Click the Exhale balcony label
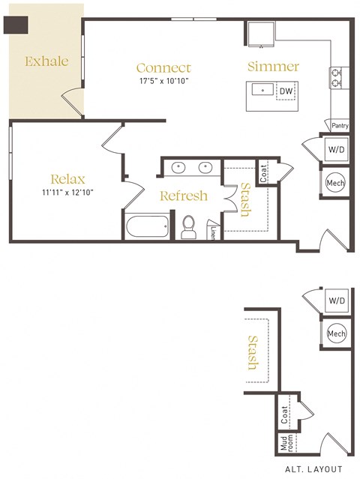point(46,61)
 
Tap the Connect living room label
point(163,67)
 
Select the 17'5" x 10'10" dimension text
point(163,80)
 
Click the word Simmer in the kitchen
point(273,67)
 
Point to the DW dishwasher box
point(285,91)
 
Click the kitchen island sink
point(263,91)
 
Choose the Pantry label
point(340,126)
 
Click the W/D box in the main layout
point(335,150)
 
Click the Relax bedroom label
point(67,179)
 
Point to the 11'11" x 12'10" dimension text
point(67,192)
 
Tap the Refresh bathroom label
point(184,196)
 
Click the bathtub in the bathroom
point(148,226)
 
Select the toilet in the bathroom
point(189,225)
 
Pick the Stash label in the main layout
point(244,199)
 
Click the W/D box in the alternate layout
point(335,301)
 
